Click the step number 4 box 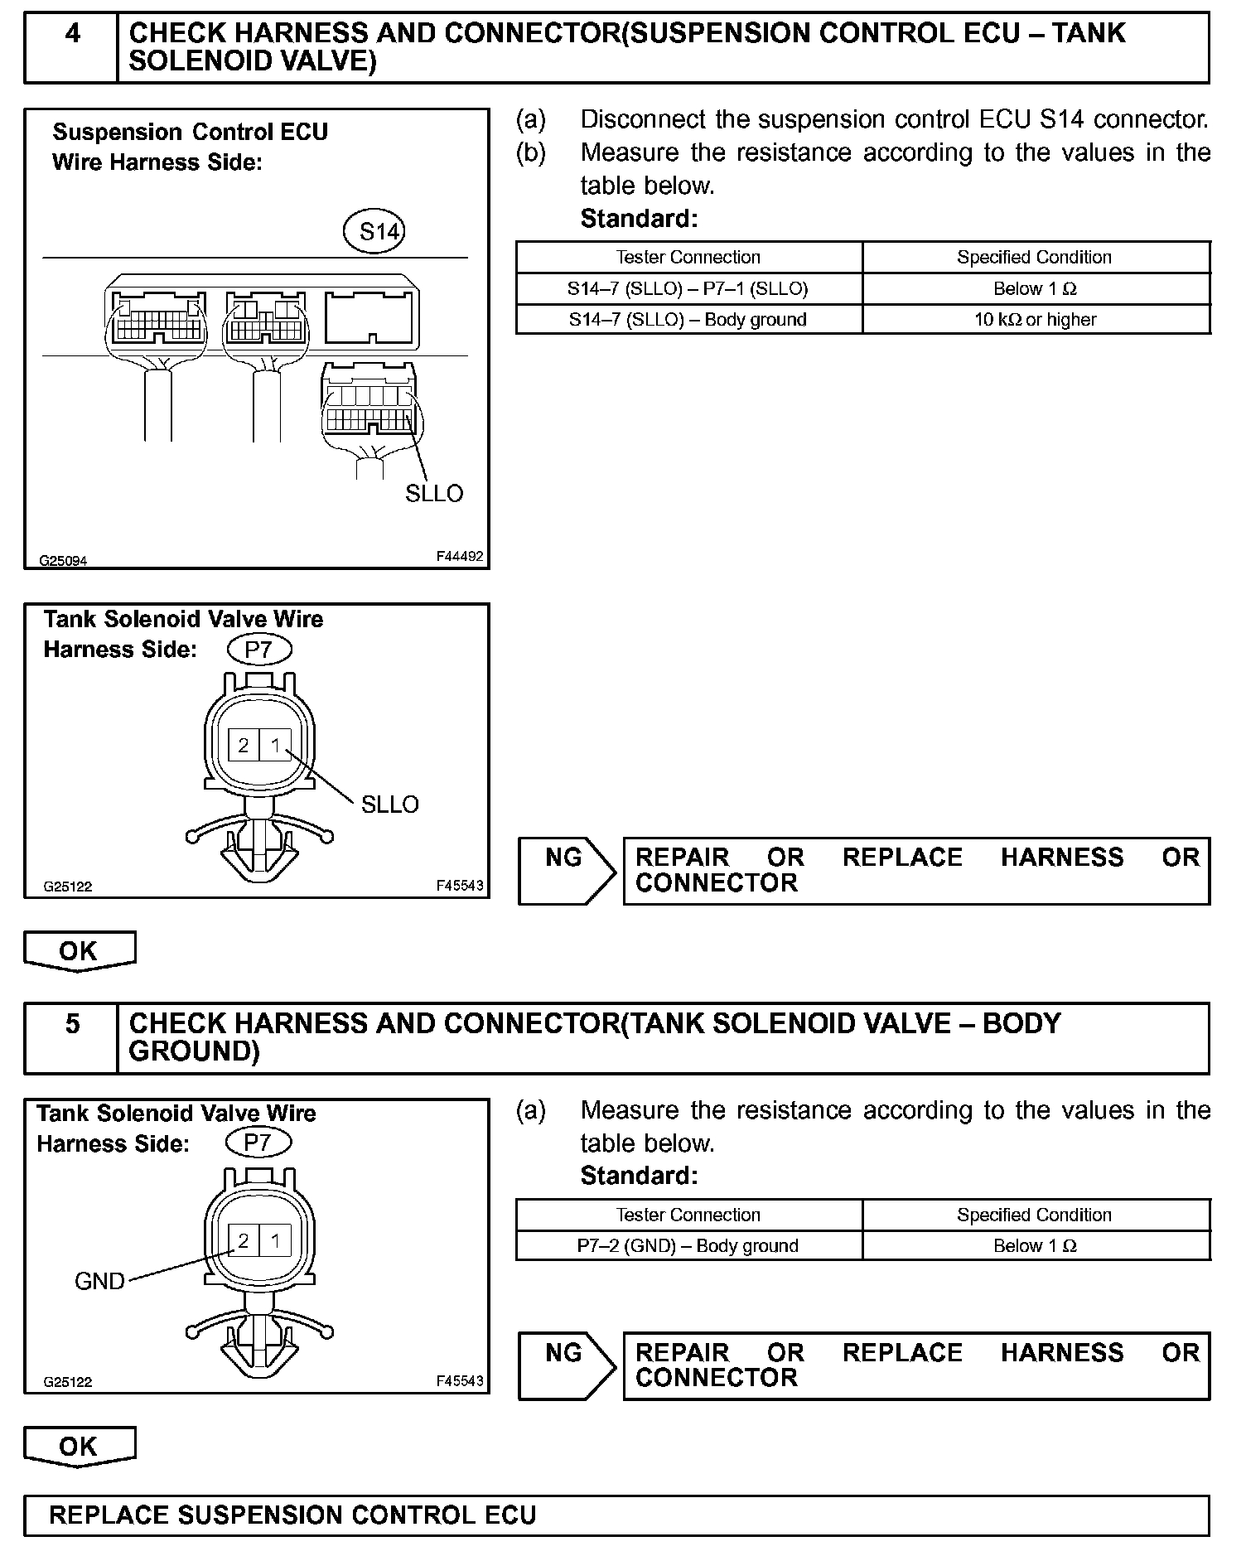[72, 47]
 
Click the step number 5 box [72, 1037]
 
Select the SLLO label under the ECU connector [433, 494]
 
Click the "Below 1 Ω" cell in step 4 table [1035, 289]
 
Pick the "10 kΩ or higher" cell [1035, 320]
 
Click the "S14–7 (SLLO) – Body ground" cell [688, 320]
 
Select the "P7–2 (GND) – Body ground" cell [688, 1246]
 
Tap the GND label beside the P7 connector [99, 1281]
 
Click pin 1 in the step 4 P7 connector [275, 746]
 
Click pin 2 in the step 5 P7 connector [244, 1240]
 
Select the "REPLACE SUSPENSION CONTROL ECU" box [616, 1515]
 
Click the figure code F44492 [460, 557]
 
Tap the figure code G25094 [63, 561]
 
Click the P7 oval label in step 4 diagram [258, 650]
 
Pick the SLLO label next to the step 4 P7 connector [389, 805]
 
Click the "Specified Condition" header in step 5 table [1035, 1215]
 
